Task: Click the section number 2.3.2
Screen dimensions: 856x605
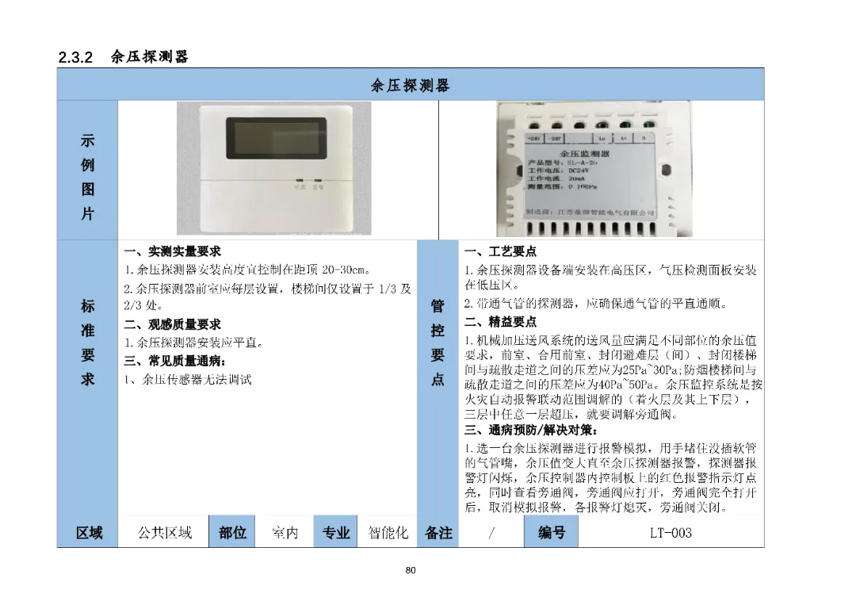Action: pos(76,57)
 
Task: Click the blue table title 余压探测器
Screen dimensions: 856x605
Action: pos(410,85)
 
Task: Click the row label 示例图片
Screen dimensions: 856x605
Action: pos(87,178)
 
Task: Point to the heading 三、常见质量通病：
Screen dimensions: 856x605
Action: pos(175,361)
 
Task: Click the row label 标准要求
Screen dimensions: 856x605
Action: pos(87,343)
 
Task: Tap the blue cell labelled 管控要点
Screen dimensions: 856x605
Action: pos(438,343)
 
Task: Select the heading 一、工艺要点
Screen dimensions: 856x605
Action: pos(500,251)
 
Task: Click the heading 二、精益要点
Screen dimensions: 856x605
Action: pos(500,322)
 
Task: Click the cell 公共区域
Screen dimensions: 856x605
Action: pos(164,533)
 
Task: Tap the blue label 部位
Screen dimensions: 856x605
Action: pos(232,533)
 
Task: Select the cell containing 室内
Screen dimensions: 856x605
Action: pos(285,533)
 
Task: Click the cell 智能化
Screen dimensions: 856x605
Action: pos(388,533)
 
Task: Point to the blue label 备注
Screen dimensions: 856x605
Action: pos(438,533)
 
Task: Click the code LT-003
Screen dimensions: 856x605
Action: pos(670,533)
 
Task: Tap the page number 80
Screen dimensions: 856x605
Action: pos(410,570)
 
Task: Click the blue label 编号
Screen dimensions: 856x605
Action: pos(552,533)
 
